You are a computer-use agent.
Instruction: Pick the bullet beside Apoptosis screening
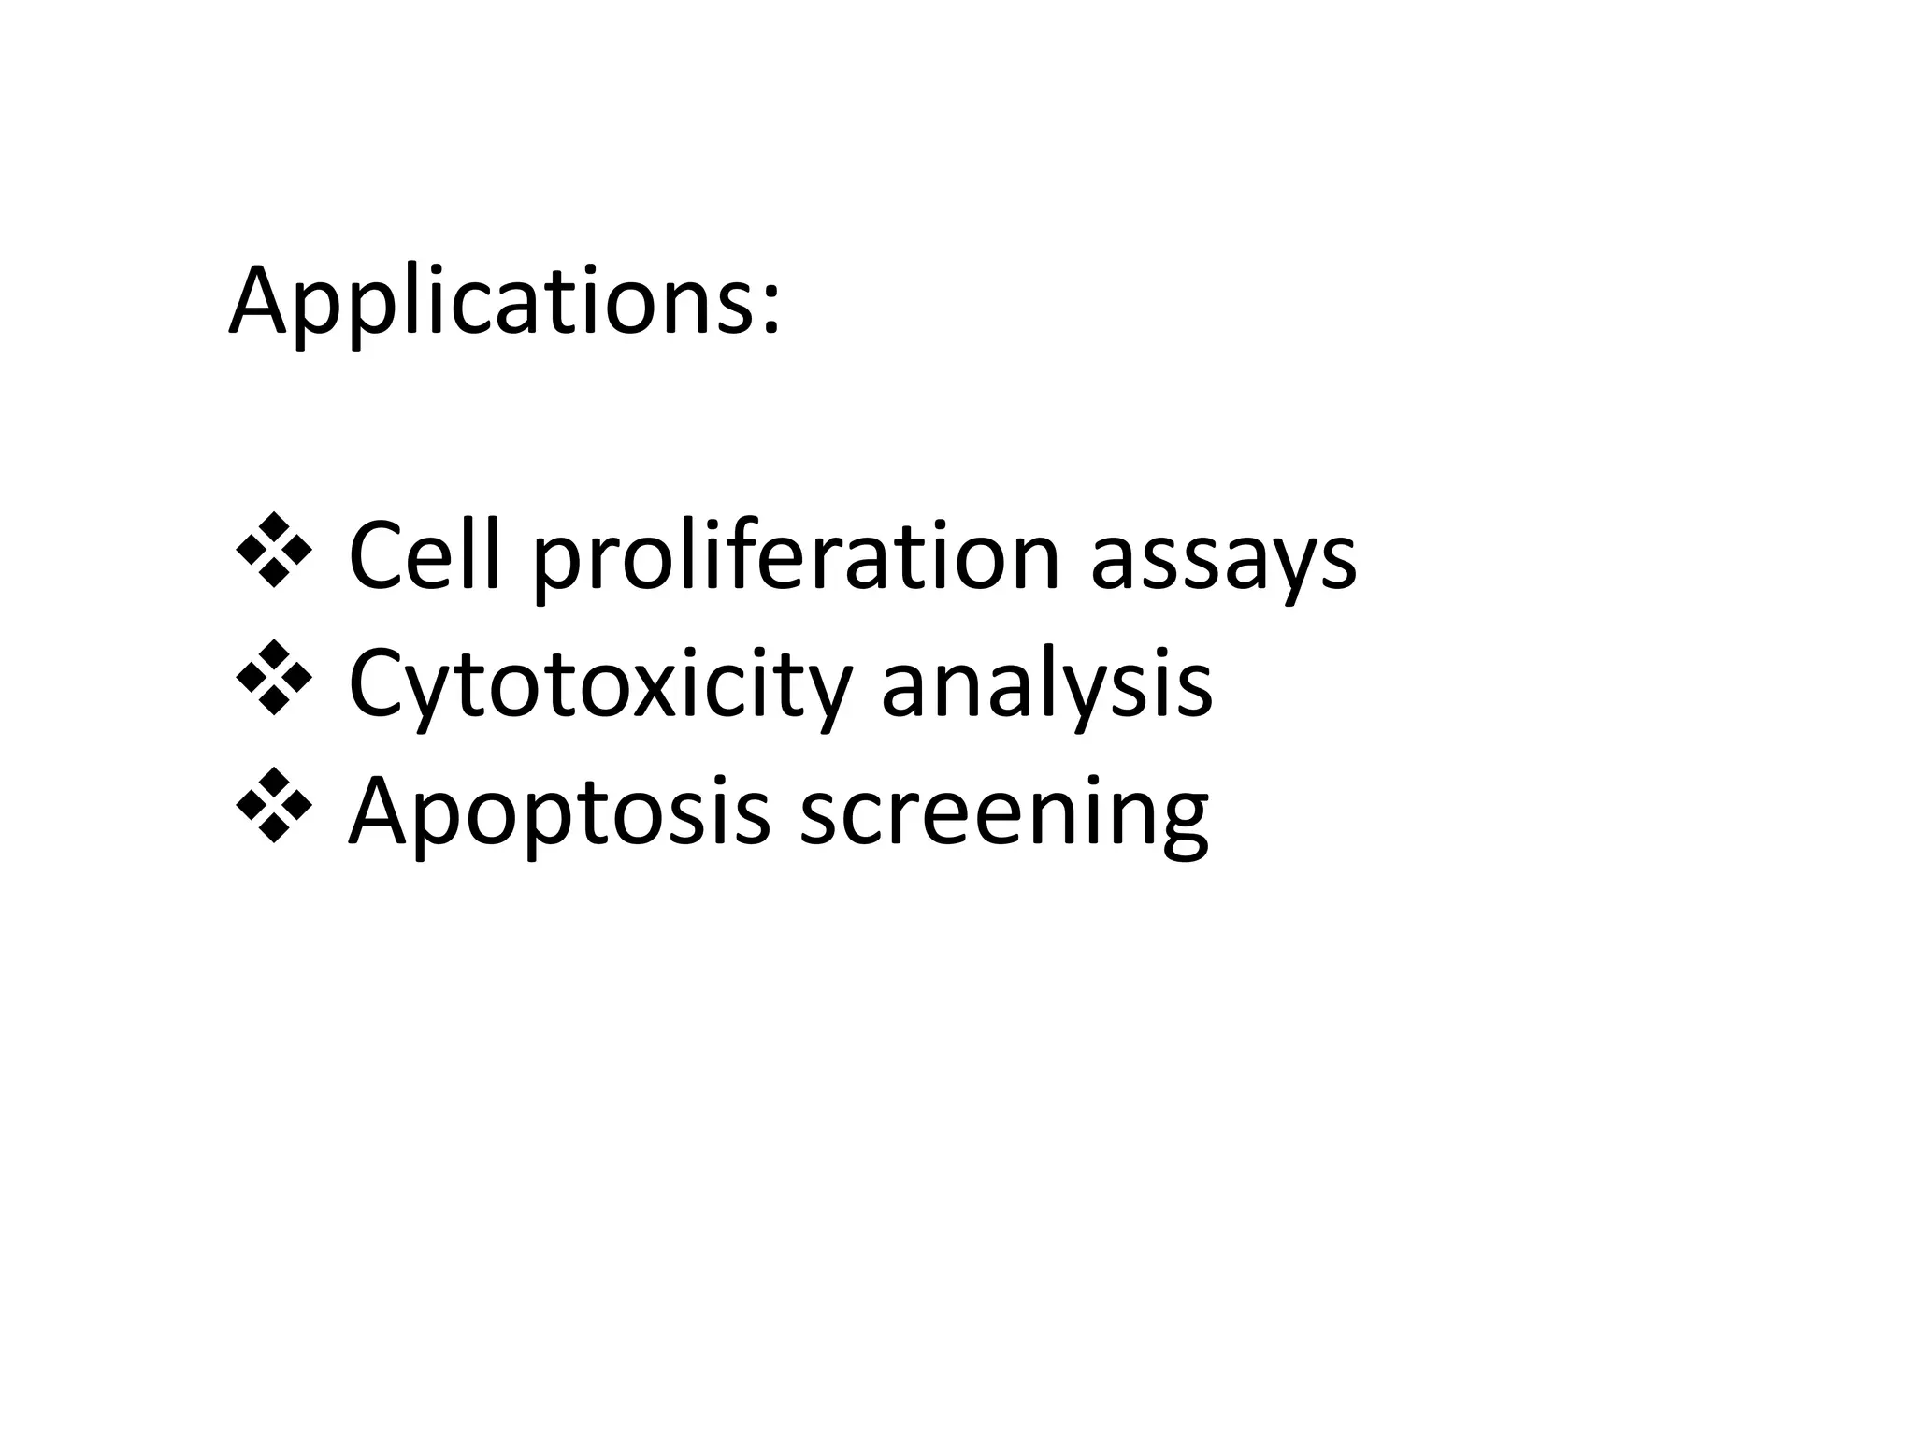click(274, 805)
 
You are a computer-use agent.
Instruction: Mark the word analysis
click(1046, 686)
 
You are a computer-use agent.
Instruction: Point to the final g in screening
click(1180, 820)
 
